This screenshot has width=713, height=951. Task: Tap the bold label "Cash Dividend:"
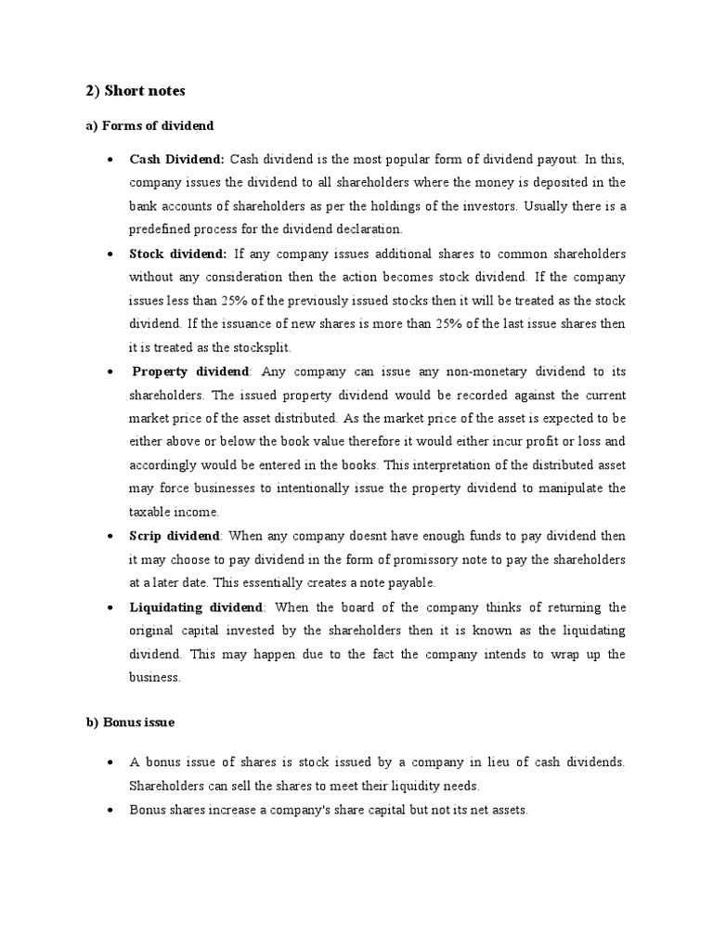(x=177, y=159)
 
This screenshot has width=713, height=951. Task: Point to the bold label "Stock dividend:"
(x=178, y=254)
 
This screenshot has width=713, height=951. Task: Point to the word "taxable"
(x=150, y=512)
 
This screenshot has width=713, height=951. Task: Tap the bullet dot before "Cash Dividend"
(x=110, y=160)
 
